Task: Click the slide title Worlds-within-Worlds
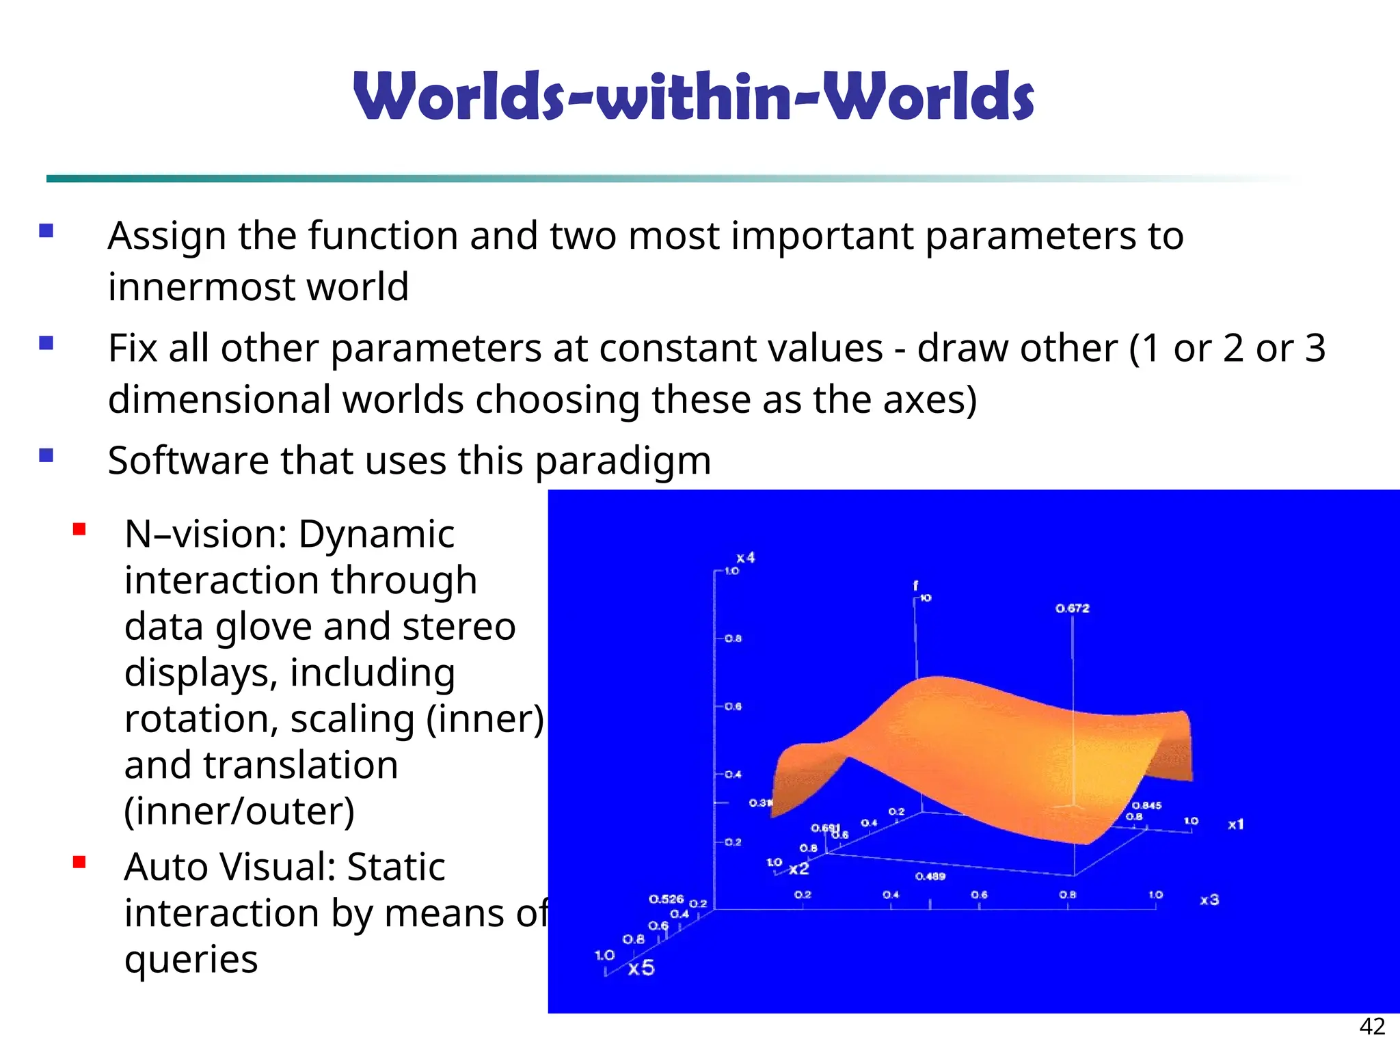point(693,97)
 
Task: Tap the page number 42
point(1372,1026)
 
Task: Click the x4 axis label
point(745,558)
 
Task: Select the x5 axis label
point(641,968)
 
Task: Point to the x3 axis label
point(1209,900)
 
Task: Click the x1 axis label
point(1235,824)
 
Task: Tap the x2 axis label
point(798,869)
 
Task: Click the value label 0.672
point(1072,608)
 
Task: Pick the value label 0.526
point(666,899)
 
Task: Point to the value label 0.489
point(930,876)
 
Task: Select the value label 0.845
point(1146,805)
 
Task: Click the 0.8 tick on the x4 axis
point(733,638)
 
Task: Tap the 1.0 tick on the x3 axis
point(1155,894)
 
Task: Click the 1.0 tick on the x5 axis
point(604,955)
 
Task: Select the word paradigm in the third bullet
point(623,461)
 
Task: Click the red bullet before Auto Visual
point(79,862)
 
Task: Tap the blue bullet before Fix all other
point(46,342)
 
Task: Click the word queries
point(191,960)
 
